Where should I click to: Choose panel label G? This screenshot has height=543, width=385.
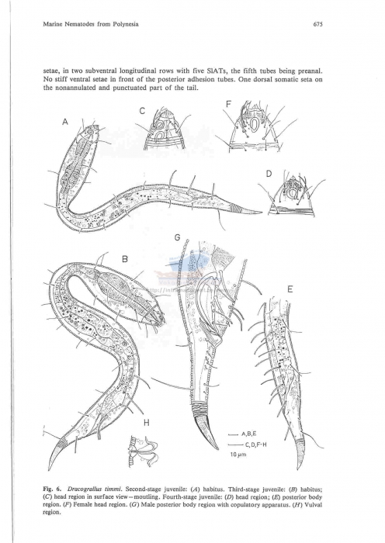(x=177, y=236)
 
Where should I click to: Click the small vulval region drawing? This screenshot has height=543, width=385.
(x=144, y=448)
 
